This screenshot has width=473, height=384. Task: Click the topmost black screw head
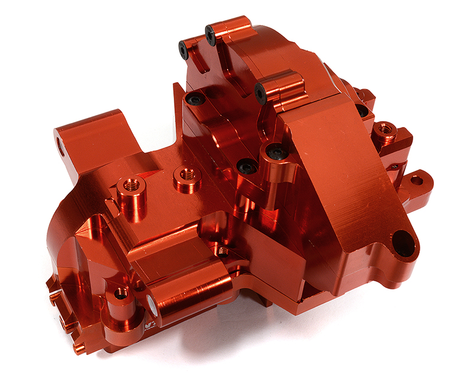210,35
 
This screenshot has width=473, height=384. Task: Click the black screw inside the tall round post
277,152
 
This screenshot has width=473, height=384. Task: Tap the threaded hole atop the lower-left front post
121,292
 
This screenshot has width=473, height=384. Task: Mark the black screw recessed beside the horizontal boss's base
195,100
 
